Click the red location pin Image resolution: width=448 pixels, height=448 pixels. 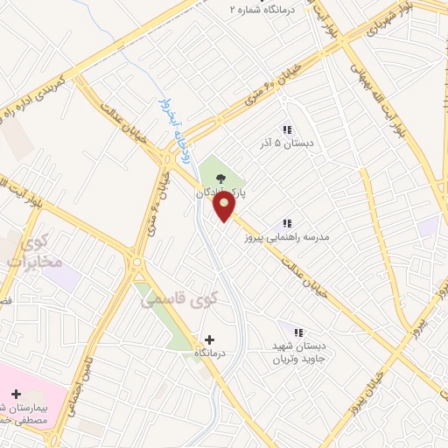[225, 206]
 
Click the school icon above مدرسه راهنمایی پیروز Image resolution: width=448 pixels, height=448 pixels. [288, 224]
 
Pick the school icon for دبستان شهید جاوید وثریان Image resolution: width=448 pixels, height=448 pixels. [298, 332]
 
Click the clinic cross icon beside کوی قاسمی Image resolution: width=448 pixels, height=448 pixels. [209, 339]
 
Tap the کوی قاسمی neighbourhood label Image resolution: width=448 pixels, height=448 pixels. [175, 300]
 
